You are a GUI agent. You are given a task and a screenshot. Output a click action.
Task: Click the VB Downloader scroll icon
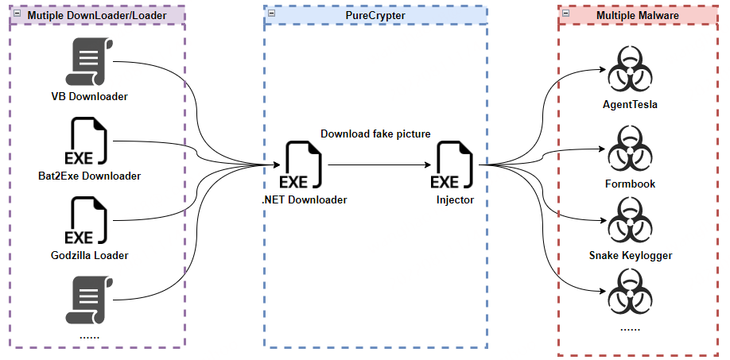[89, 61]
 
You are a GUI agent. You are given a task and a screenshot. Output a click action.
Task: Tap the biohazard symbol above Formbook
[630, 149]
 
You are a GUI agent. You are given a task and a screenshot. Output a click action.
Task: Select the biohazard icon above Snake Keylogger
[630, 220]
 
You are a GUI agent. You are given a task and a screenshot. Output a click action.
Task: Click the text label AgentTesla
[630, 104]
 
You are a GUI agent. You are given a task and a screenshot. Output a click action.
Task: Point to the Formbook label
[630, 184]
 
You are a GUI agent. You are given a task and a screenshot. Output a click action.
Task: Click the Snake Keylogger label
[631, 255]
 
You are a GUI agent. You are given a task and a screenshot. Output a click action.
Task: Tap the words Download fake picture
[375, 134]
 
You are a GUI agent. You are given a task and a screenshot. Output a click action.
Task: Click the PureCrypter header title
[375, 15]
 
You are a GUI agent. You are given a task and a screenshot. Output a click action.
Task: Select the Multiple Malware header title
[637, 15]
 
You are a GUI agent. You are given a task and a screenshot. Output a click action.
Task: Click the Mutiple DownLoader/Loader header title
[97, 15]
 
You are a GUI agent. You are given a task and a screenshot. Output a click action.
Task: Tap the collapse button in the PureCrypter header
[271, 13]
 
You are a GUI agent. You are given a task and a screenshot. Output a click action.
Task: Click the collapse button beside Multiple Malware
[565, 13]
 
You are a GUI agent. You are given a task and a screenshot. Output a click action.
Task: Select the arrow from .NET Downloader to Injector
[380, 165]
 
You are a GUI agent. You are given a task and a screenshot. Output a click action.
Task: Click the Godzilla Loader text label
[89, 255]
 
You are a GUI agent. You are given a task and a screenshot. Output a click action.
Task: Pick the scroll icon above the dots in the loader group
[89, 300]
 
